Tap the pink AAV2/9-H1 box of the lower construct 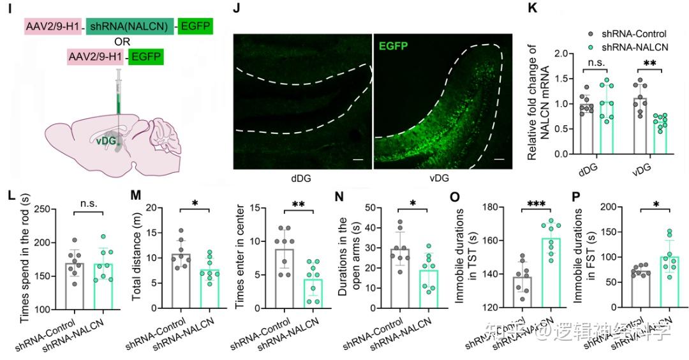point(96,58)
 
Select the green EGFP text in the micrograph point(394,47)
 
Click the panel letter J point(237,10)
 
